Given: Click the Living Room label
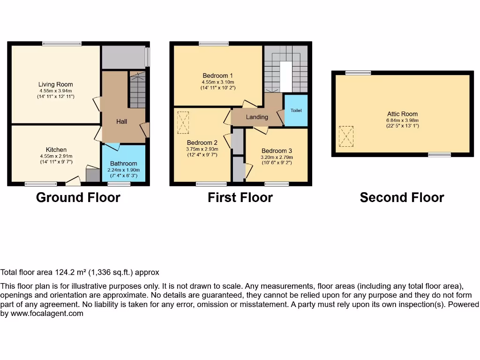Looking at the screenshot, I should (56, 84).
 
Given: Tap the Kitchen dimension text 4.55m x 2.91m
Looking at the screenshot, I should (56, 156).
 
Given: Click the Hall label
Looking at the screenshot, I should (121, 121).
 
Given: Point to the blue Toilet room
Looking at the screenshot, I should (296, 111).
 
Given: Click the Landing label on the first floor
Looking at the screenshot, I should (257, 117).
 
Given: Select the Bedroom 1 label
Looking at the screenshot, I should (217, 75).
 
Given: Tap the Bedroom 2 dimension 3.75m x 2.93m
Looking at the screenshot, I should (202, 149).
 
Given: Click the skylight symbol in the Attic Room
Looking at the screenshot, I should (346, 136).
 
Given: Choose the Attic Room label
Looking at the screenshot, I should (402, 113).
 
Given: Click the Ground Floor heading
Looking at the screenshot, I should (78, 197).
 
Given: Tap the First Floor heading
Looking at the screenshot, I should (240, 197).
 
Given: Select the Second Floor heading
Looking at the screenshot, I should (402, 197).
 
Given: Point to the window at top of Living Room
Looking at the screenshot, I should (61, 44).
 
